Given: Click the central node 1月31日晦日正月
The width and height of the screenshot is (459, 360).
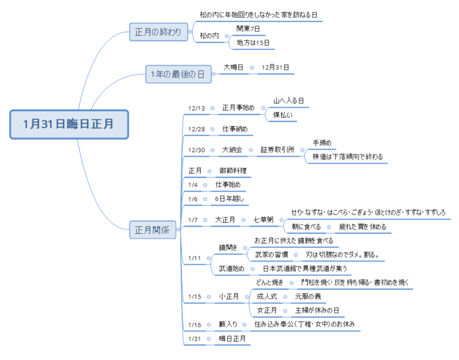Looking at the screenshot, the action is [x=69, y=124].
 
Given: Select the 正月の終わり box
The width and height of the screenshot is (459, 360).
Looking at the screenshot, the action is [x=158, y=32].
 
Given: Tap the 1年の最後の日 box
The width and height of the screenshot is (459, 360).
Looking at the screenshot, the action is [x=178, y=74].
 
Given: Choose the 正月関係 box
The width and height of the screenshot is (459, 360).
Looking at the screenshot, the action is [x=152, y=230].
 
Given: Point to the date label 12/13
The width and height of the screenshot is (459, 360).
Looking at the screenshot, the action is [x=197, y=108].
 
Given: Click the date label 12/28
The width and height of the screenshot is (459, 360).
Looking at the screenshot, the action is [x=197, y=129].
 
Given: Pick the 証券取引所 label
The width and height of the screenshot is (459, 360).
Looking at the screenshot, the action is [x=277, y=150].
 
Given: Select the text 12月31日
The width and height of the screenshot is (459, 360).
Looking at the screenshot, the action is [x=275, y=68].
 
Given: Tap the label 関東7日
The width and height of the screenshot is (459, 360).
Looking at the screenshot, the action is [x=248, y=29].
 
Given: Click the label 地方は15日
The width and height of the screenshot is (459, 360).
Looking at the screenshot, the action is [x=253, y=43].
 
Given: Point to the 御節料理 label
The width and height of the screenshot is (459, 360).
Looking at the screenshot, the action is [x=233, y=170].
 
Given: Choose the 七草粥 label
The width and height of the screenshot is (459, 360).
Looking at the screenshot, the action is [x=264, y=219].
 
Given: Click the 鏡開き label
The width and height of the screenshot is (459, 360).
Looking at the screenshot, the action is [x=228, y=248].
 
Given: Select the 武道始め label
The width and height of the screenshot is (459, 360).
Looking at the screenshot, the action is [x=231, y=269].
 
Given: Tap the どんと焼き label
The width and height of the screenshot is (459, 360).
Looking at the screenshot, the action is [x=270, y=282].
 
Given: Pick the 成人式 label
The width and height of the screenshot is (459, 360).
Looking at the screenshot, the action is [x=267, y=297].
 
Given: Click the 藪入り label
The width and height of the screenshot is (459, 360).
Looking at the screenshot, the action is [x=228, y=324].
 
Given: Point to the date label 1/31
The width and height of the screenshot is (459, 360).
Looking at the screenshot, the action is [x=194, y=339].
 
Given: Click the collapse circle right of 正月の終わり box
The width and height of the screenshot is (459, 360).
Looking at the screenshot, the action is [x=190, y=32].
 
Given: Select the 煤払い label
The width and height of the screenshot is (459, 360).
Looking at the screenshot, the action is [x=283, y=115].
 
